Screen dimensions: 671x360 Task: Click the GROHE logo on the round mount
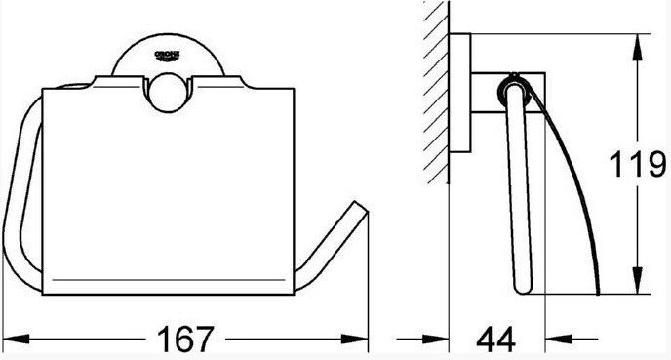coord(168,56)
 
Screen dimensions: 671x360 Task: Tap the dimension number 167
coord(185,340)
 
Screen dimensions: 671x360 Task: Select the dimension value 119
coord(637,164)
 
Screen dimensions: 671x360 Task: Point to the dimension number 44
coord(496,340)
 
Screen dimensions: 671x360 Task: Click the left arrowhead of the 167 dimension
coord(16,340)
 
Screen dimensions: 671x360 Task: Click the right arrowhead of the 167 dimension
coord(355,340)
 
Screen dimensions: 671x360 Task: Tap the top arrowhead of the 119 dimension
coord(638,47)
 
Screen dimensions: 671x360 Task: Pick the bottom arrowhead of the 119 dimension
coord(638,280)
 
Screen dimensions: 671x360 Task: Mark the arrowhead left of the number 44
coord(436,340)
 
